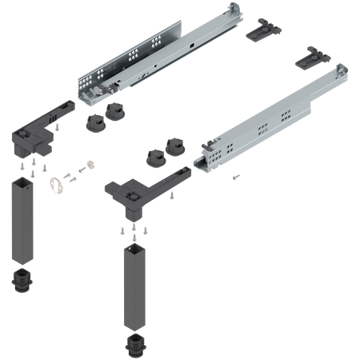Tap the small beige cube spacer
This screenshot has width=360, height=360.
point(90,165)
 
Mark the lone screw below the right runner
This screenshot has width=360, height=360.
point(234,174)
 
